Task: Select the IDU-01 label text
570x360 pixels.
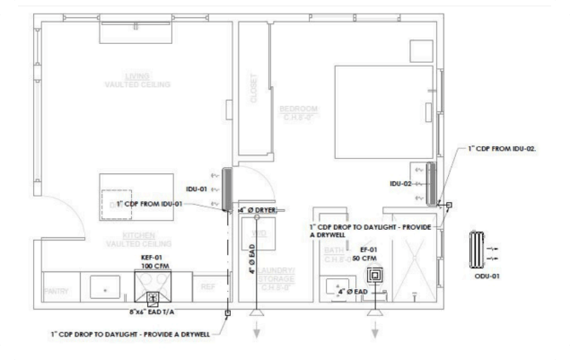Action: click(197, 189)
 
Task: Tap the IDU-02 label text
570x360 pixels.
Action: click(401, 184)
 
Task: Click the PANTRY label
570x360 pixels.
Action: click(57, 291)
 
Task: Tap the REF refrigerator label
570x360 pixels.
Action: click(207, 287)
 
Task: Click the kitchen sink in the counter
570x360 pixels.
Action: click(106, 290)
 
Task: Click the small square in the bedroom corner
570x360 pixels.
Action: click(420, 48)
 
